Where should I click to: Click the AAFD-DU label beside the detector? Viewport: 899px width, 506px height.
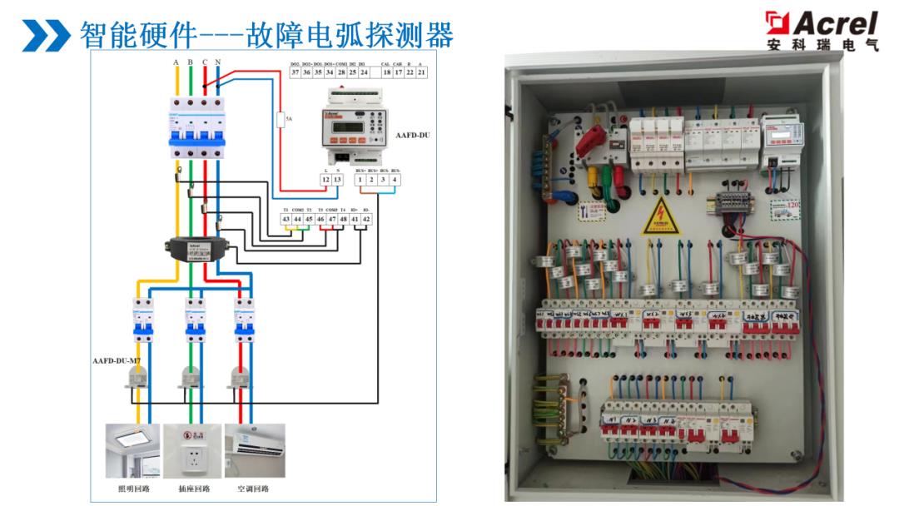[x=416, y=134]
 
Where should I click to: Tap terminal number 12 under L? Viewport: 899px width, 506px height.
[x=326, y=180]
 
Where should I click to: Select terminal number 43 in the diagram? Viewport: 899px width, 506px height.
[x=286, y=219]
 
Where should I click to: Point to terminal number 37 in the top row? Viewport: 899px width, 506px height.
[x=295, y=72]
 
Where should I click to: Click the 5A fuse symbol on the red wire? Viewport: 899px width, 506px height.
[x=282, y=119]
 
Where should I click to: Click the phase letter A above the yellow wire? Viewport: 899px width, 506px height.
[x=176, y=62]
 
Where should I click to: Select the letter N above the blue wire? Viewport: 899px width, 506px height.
[x=217, y=62]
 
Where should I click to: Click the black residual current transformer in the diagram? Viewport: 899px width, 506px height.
[x=194, y=248]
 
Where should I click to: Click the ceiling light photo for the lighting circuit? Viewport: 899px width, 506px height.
[x=132, y=450]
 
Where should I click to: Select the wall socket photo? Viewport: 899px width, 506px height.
[x=194, y=450]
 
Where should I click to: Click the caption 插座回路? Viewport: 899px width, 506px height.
[x=194, y=489]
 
